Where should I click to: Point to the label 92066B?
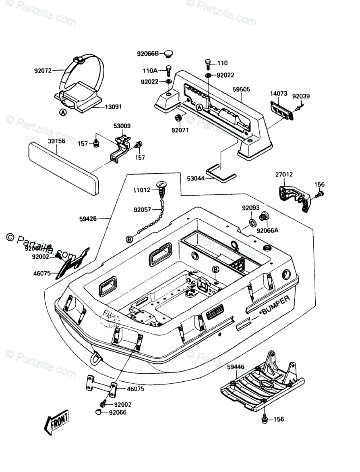tap(148, 53)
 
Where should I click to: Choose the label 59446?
tap(236, 367)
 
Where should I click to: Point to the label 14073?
tap(278, 94)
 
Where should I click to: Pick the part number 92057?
tap(143, 210)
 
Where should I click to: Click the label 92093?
tap(250, 208)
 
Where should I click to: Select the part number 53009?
tap(122, 126)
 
